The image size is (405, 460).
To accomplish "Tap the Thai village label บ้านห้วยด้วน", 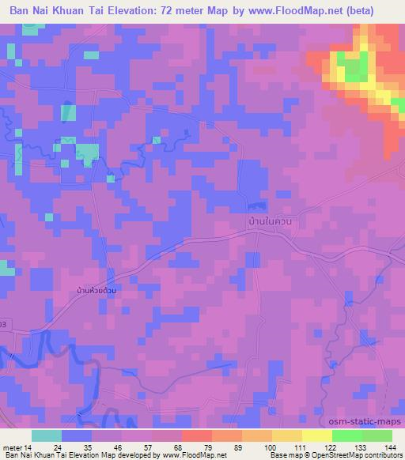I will coord(104,291).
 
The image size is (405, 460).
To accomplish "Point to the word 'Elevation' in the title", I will coord(137,11).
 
